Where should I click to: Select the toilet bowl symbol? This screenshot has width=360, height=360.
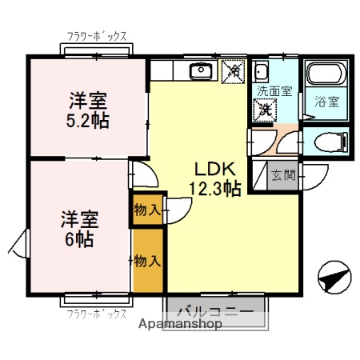point(330,142)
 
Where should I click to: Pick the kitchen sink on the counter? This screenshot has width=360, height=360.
point(199,73)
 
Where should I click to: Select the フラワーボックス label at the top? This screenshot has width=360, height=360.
point(96,35)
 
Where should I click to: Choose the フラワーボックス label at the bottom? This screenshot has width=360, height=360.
point(96,314)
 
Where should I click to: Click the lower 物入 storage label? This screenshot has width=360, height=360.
point(147,261)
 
